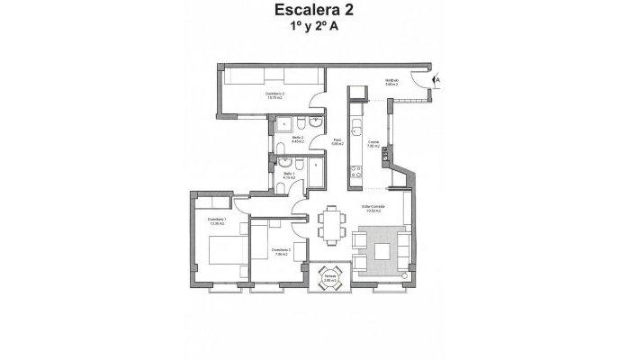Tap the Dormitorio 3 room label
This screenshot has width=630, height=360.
(275, 94)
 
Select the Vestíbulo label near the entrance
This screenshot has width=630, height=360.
(391, 82)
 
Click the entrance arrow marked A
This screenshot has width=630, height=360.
(437, 80)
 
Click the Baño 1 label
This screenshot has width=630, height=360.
(289, 175)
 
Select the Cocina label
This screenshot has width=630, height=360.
(373, 143)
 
